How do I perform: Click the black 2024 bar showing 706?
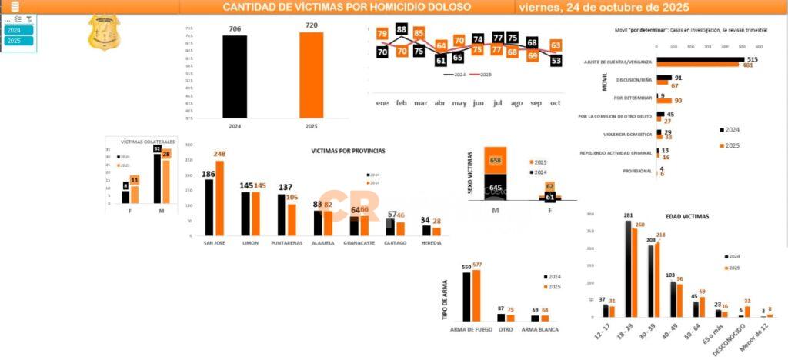click(235, 77)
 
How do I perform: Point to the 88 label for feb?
click(402, 29)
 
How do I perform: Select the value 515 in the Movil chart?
click(753, 59)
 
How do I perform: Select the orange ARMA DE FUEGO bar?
click(476, 295)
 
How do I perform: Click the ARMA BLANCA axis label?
click(539, 330)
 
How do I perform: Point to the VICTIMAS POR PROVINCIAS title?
click(348, 151)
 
